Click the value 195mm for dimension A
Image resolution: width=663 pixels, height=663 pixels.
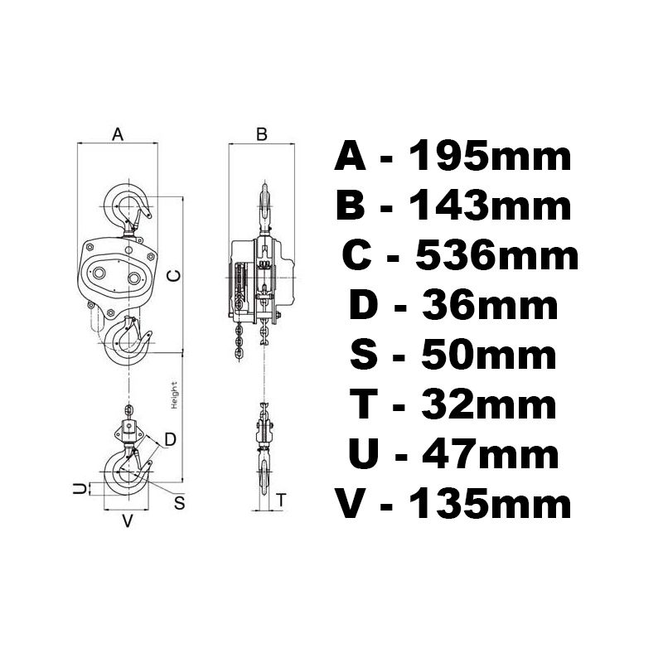click(x=491, y=157)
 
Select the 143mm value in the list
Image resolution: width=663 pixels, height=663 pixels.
click(x=491, y=206)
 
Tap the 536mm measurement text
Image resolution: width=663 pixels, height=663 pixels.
click(x=497, y=256)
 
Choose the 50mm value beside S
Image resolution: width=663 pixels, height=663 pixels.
click(x=489, y=356)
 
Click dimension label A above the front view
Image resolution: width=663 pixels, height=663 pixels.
click(x=118, y=134)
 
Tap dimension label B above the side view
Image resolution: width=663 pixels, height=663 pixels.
click(x=262, y=134)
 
